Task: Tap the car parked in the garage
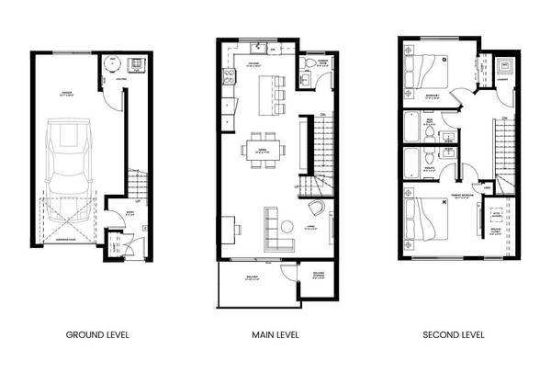(69, 165)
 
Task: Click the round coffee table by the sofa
(287, 227)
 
